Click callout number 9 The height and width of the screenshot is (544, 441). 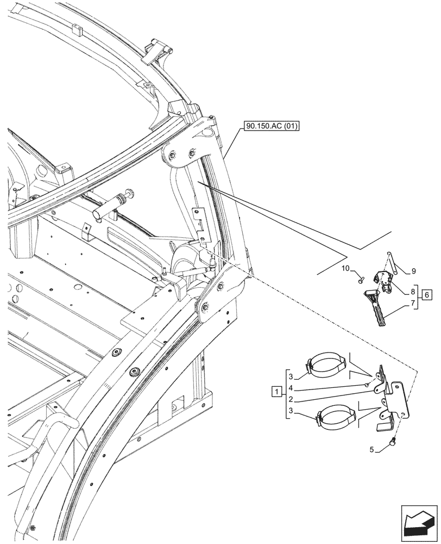[x=414, y=270]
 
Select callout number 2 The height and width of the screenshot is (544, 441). [x=292, y=398]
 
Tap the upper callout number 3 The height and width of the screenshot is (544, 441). [x=292, y=377]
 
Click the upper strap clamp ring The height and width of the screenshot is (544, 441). [x=328, y=367]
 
